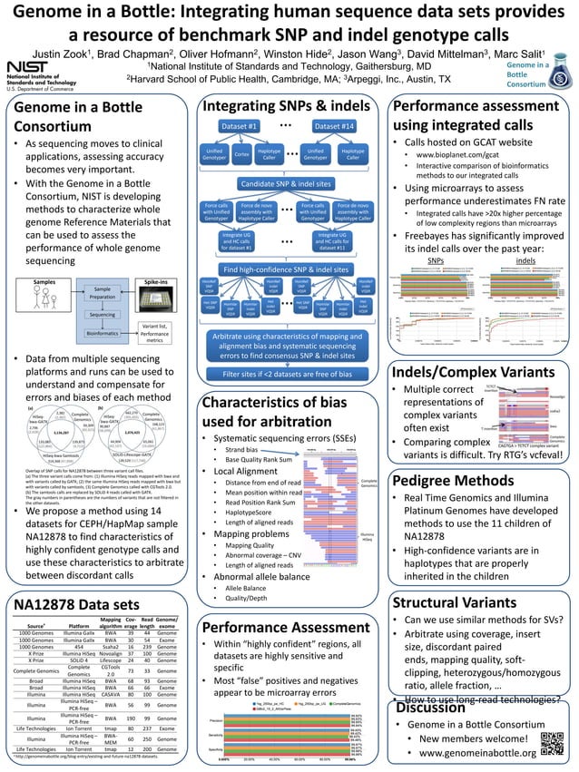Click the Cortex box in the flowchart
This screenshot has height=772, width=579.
pyautogui.click(x=241, y=155)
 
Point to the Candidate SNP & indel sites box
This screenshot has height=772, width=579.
pyautogui.click(x=285, y=184)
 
